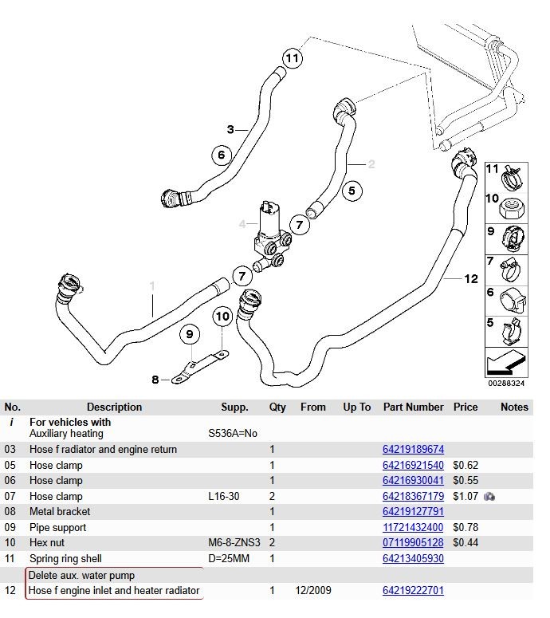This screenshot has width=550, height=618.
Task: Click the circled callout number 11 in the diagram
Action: coord(293,58)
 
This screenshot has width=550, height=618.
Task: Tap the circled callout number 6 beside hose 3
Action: coord(221,155)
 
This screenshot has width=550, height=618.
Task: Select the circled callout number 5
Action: coord(352,191)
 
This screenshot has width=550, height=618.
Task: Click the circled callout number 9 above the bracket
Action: coord(190,334)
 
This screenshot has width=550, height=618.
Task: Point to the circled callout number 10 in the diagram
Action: coord(222,316)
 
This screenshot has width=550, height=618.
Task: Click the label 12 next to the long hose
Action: coord(471,279)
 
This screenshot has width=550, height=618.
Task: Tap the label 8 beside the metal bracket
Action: coord(155,380)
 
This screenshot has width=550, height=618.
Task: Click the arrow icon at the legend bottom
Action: coord(506,362)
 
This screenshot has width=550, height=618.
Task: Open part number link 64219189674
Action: coord(413,449)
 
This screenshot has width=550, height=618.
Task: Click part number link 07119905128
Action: coord(413,543)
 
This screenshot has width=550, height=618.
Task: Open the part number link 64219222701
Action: coord(413,590)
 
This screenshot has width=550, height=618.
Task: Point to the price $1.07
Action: coord(466,496)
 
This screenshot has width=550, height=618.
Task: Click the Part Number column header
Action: coord(413,407)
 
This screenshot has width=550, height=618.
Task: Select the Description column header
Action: coord(114,407)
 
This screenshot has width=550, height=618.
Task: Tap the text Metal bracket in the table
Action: coord(60,512)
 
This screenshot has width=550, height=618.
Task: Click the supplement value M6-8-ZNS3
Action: coord(234,543)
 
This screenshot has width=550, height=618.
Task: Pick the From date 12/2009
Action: coord(313,590)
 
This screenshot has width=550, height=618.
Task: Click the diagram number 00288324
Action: coord(506,383)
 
